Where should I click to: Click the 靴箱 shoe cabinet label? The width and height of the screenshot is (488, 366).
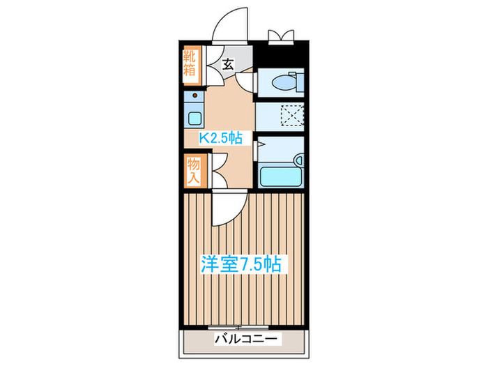[190, 63]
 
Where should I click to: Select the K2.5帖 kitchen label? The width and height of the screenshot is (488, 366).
[221, 137]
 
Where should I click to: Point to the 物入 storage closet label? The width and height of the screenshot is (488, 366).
[193, 171]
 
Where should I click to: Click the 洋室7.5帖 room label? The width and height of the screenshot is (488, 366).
[241, 264]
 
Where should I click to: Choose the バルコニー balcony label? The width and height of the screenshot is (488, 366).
[246, 339]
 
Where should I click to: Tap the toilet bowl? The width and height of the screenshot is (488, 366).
[284, 83]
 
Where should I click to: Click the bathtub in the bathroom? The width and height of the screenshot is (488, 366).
[281, 177]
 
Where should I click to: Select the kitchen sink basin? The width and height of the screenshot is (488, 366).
[195, 119]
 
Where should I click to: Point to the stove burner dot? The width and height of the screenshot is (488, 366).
[195, 96]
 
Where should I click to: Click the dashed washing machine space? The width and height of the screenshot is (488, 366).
[292, 115]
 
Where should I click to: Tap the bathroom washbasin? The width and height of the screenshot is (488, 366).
[299, 160]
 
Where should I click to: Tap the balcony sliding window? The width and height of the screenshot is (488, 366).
[238, 328]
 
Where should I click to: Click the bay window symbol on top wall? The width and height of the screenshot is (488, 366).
[281, 37]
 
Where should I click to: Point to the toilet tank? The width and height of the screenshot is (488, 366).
[299, 82]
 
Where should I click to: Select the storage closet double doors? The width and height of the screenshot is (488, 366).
[219, 171]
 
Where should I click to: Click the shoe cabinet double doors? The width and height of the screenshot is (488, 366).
[214, 66]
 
